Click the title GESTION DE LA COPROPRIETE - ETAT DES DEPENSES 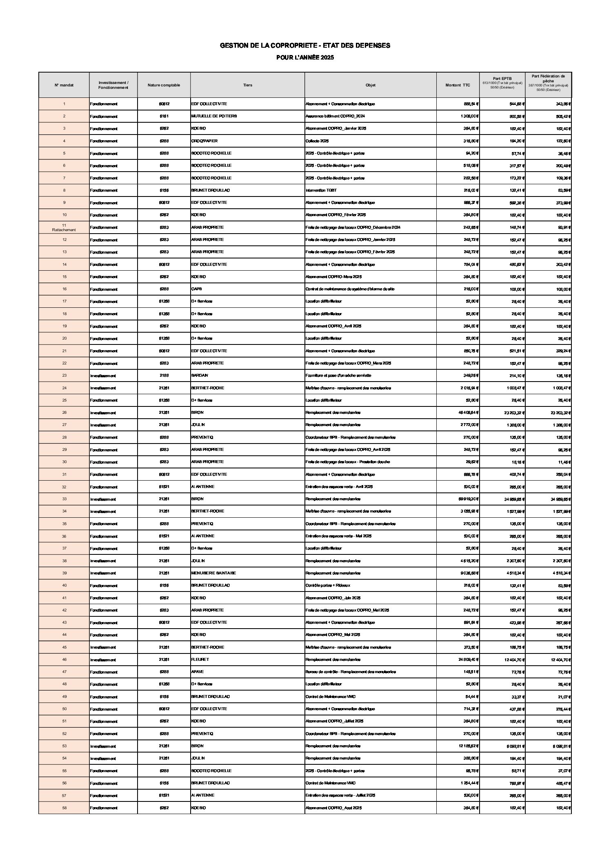[x=305, y=46]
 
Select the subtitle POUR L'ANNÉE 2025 [x=305, y=57]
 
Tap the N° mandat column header [x=64, y=85]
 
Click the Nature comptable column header [x=164, y=85]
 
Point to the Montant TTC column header [x=458, y=85]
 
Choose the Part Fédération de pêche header [x=548, y=82]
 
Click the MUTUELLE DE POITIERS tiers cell [x=214, y=116]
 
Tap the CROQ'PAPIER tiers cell [x=204, y=141]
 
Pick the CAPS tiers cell [x=197, y=289]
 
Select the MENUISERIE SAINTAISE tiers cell [x=213, y=573]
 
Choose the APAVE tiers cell [x=198, y=672]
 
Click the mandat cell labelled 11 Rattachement [x=64, y=227]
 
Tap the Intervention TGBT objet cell [x=321, y=190]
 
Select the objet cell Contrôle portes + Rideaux [x=327, y=585]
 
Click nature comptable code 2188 [x=164, y=375]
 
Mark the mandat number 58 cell [x=64, y=808]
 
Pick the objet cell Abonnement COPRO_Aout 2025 [x=334, y=808]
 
